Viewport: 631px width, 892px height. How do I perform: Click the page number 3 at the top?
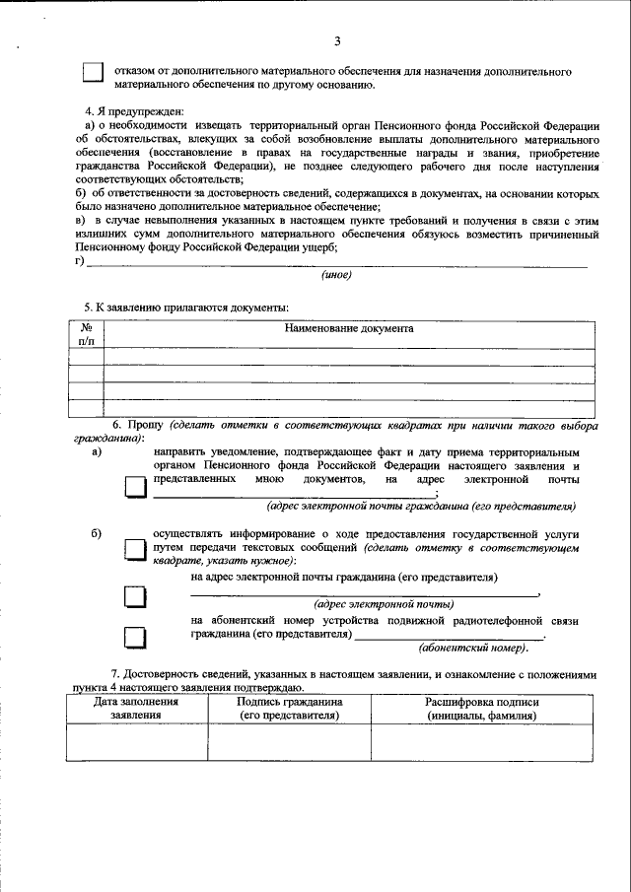(337, 40)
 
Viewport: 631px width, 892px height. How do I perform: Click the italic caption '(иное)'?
(337, 275)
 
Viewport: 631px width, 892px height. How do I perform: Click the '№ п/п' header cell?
(86, 334)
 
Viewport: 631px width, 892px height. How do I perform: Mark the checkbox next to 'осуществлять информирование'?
(134, 549)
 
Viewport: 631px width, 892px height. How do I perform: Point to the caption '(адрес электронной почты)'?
(384, 603)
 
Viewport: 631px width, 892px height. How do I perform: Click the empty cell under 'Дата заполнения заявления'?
(136, 741)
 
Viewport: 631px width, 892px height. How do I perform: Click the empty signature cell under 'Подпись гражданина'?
(289, 741)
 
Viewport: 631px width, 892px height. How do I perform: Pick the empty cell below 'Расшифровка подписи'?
(482, 741)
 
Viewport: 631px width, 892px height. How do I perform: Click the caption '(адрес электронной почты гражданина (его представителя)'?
(420, 506)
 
